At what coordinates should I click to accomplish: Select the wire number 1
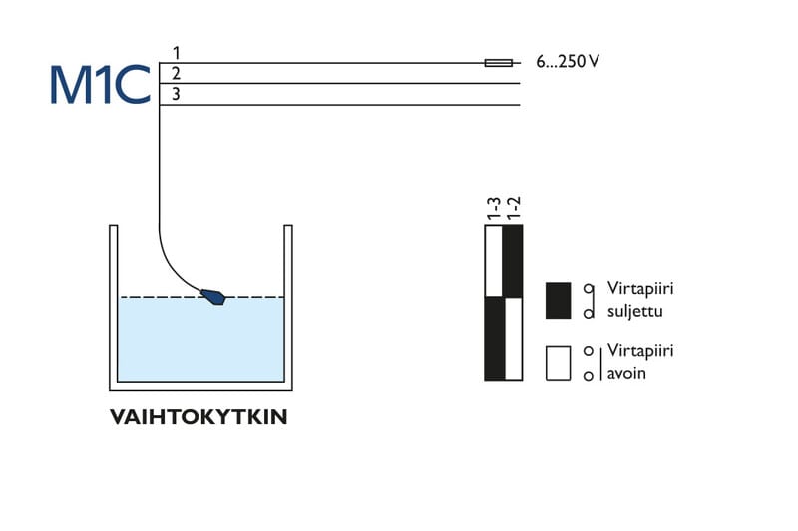(x=176, y=53)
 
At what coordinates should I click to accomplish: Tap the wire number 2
(x=176, y=73)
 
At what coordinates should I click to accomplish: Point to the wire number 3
(x=176, y=94)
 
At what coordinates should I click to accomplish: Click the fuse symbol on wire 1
(x=498, y=62)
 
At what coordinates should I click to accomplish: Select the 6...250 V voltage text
(x=567, y=62)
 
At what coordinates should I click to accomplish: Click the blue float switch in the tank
(x=213, y=296)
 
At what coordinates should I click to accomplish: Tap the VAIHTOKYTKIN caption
(x=199, y=417)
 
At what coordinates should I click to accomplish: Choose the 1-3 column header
(x=494, y=208)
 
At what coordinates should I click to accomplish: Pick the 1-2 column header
(x=514, y=208)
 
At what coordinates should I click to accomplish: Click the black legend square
(x=558, y=301)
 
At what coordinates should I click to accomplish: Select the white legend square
(x=558, y=363)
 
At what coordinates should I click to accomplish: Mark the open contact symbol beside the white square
(x=590, y=363)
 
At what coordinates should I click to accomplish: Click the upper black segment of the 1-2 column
(x=513, y=261)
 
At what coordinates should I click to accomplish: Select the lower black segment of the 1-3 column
(x=494, y=339)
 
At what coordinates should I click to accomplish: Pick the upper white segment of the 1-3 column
(x=494, y=261)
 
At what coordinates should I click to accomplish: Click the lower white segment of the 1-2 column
(x=513, y=339)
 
